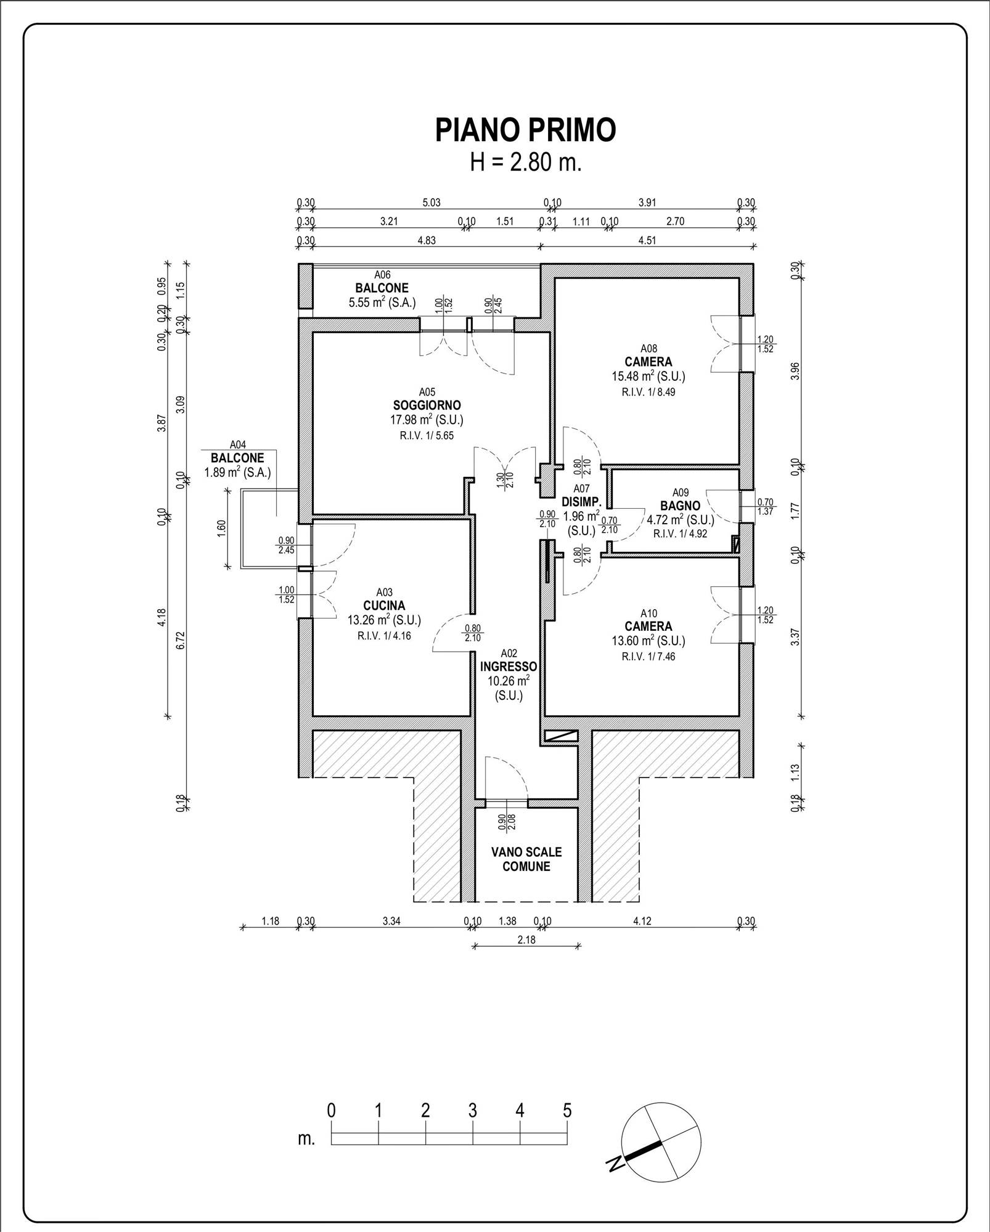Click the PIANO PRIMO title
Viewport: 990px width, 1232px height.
[526, 130]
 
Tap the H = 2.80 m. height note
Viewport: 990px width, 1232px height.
[526, 163]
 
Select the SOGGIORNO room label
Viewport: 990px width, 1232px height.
[427, 405]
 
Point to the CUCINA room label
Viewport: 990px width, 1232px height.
[384, 606]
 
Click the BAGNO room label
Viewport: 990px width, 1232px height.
[681, 506]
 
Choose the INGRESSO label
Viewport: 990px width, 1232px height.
[509, 667]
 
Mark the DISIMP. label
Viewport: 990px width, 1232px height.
[581, 501]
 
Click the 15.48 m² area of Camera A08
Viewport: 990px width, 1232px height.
[648, 376]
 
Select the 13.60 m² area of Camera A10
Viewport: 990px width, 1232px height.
[648, 641]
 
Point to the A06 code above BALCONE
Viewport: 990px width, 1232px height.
[382, 275]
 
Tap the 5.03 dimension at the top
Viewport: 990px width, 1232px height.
[431, 203]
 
